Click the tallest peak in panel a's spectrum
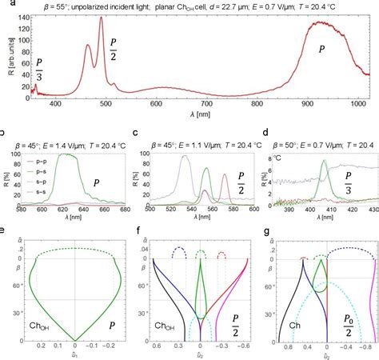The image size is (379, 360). coord(101,18)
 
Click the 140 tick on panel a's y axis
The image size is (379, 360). coord(22,15)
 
